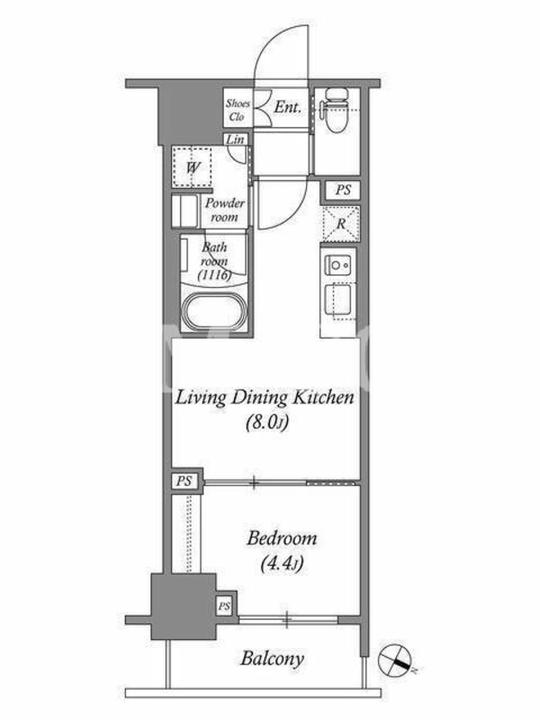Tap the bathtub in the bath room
[x=215, y=311]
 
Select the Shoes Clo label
[x=238, y=110]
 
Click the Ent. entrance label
[x=288, y=108]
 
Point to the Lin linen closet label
[x=236, y=139]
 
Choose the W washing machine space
[x=193, y=167]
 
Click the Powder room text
[x=224, y=210]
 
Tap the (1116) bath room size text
[x=214, y=275]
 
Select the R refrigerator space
[x=341, y=224]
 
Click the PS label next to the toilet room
[x=343, y=190]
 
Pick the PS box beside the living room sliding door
[x=184, y=481]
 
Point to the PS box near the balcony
[x=224, y=606]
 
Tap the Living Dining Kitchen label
[x=265, y=398]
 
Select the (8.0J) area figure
[x=267, y=421]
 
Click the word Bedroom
[x=282, y=538]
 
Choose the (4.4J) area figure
[x=282, y=563]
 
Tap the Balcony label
[x=273, y=660]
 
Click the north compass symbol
[x=394, y=660]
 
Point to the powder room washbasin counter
[x=185, y=211]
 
